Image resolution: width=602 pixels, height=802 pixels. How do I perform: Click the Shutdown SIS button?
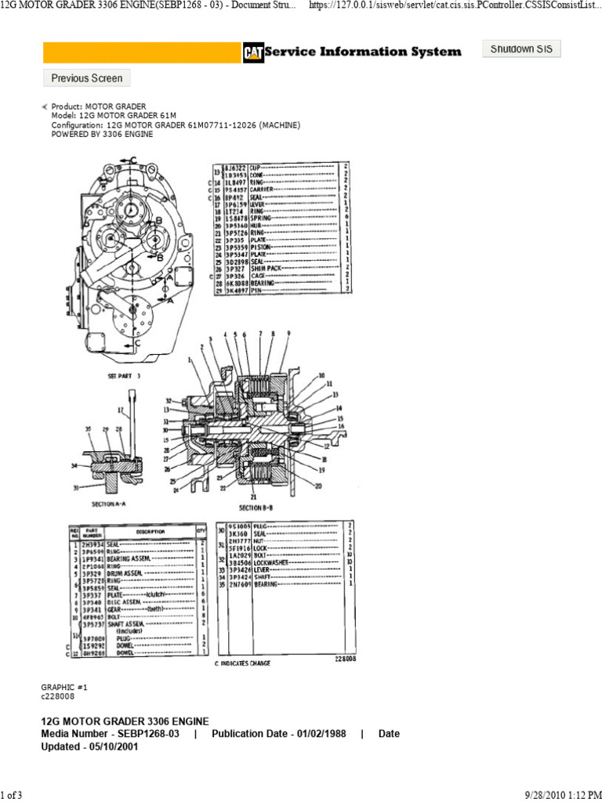(521, 49)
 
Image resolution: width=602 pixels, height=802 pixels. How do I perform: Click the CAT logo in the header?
(252, 52)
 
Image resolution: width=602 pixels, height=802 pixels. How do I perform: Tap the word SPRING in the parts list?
(261, 219)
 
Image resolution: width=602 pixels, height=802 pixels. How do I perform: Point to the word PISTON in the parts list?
(262, 247)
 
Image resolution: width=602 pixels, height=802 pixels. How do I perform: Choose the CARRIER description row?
(263, 190)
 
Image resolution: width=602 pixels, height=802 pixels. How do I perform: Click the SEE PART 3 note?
(123, 376)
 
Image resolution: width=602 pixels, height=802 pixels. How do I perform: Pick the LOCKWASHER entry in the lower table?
(270, 562)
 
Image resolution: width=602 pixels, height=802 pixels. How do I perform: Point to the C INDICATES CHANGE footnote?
(242, 663)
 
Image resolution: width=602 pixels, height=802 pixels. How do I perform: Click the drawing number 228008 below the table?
(345, 659)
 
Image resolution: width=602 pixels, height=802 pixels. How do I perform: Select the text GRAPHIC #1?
(57, 686)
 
